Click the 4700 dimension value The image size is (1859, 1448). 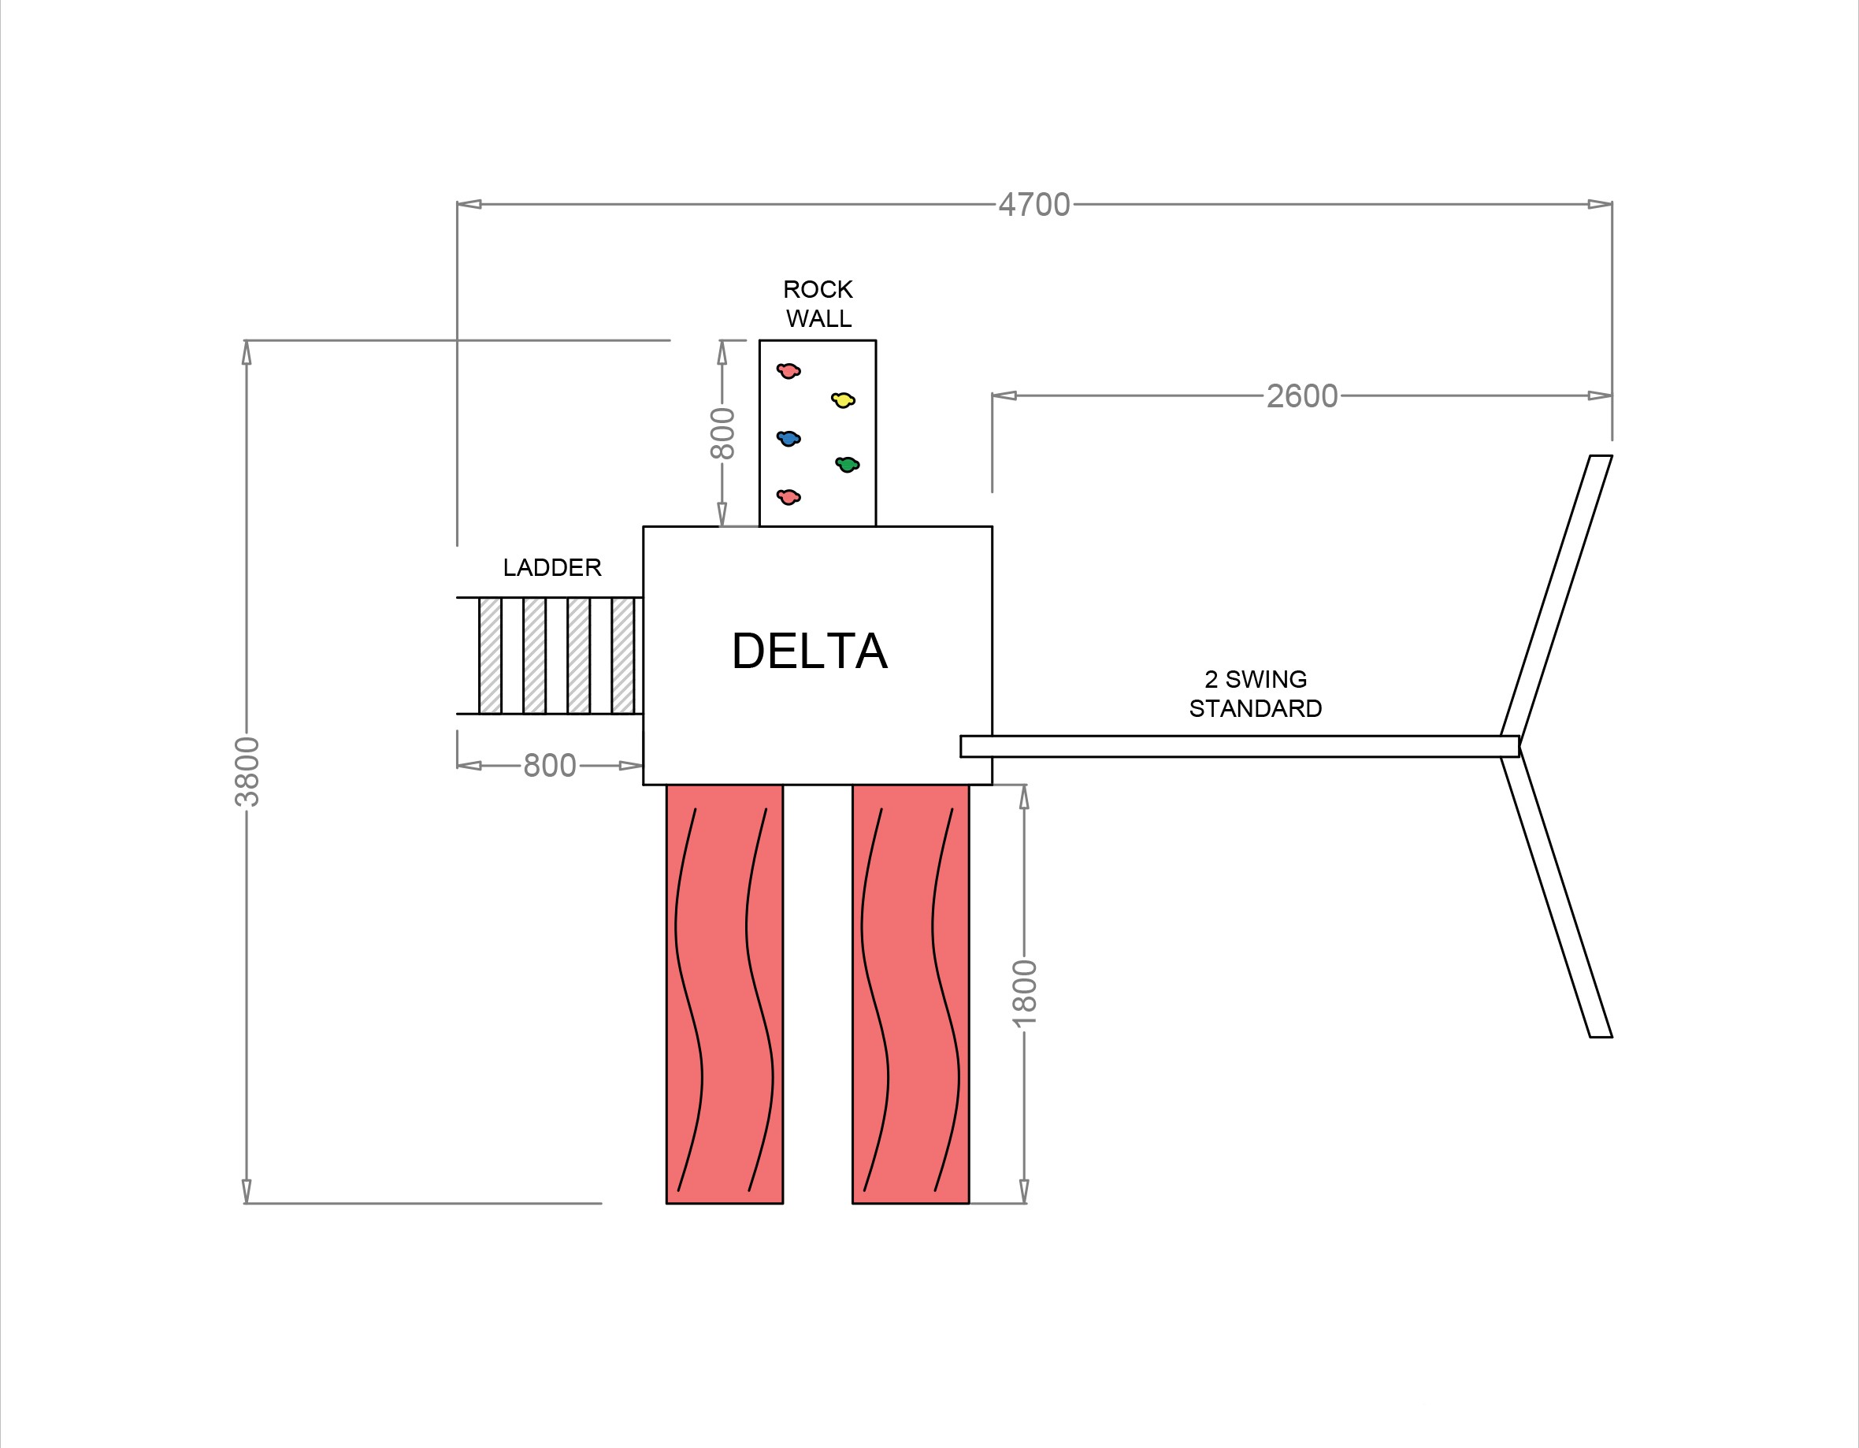tap(1034, 205)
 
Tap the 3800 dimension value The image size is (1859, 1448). tap(247, 771)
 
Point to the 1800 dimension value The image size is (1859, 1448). tap(1024, 993)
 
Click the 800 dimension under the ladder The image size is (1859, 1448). tap(549, 766)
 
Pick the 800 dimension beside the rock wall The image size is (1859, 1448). tap(722, 433)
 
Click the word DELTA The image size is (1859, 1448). tap(810, 652)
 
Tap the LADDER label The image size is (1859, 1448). tap(551, 568)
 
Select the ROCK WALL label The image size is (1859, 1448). tap(818, 304)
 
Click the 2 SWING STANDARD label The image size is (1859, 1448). tap(1255, 694)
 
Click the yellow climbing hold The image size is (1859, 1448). tap(843, 399)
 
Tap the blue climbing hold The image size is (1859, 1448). tap(788, 438)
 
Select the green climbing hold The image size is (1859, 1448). tap(847, 464)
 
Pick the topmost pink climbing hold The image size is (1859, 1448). tap(788, 370)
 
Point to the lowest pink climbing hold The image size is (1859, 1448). tap(788, 496)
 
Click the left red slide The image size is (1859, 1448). tap(725, 993)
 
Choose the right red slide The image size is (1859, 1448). tap(910, 993)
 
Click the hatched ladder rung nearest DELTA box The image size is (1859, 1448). tap(622, 655)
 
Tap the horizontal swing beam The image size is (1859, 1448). tap(1238, 747)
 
